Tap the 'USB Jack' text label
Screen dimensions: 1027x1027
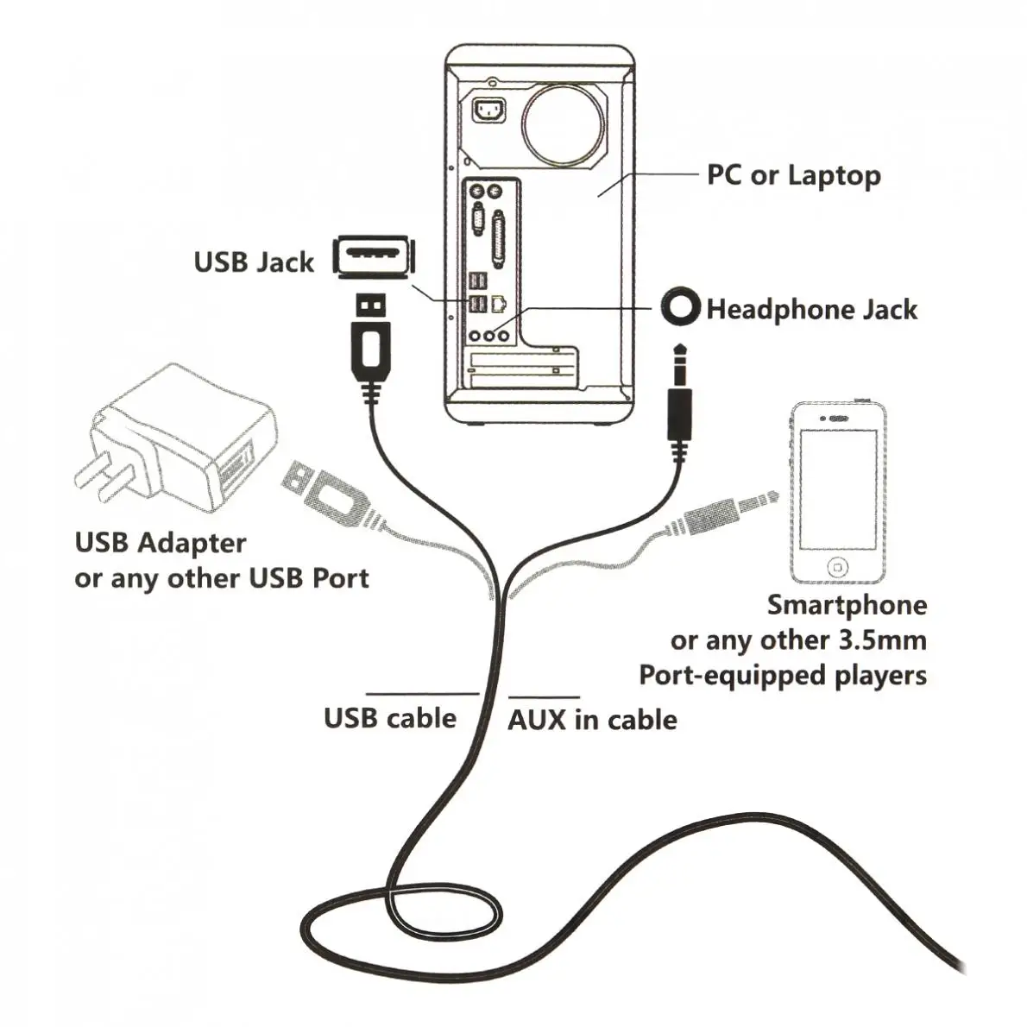tap(253, 261)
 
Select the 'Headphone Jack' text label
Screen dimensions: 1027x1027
tap(811, 309)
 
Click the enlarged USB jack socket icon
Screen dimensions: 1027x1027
tap(374, 256)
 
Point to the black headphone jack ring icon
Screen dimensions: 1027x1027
tap(681, 307)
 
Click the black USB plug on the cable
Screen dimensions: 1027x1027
tap(371, 345)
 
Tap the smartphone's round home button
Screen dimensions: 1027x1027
tap(837, 568)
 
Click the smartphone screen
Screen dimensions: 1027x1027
tap(837, 488)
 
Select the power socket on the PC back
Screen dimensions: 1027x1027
tap(489, 111)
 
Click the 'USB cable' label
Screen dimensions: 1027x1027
tap(389, 718)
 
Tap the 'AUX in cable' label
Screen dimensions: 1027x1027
tap(592, 720)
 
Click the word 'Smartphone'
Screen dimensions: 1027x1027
tap(847, 604)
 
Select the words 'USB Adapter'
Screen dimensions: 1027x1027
tap(161, 543)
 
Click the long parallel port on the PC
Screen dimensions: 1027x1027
tap(498, 236)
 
